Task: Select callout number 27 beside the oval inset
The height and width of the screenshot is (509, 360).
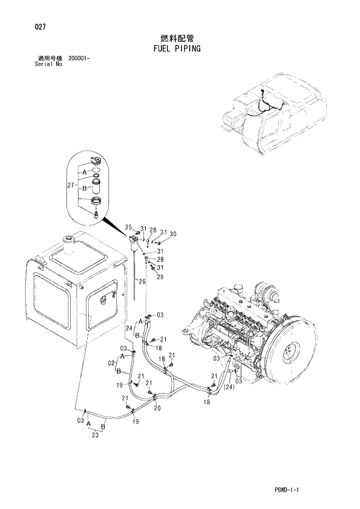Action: coord(71,185)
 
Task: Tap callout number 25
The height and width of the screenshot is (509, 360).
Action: coord(129,227)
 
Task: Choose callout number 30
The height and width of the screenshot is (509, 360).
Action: coord(172,234)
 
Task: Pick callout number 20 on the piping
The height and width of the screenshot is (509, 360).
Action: coord(157,408)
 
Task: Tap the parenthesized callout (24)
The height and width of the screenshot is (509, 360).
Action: coord(230,387)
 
